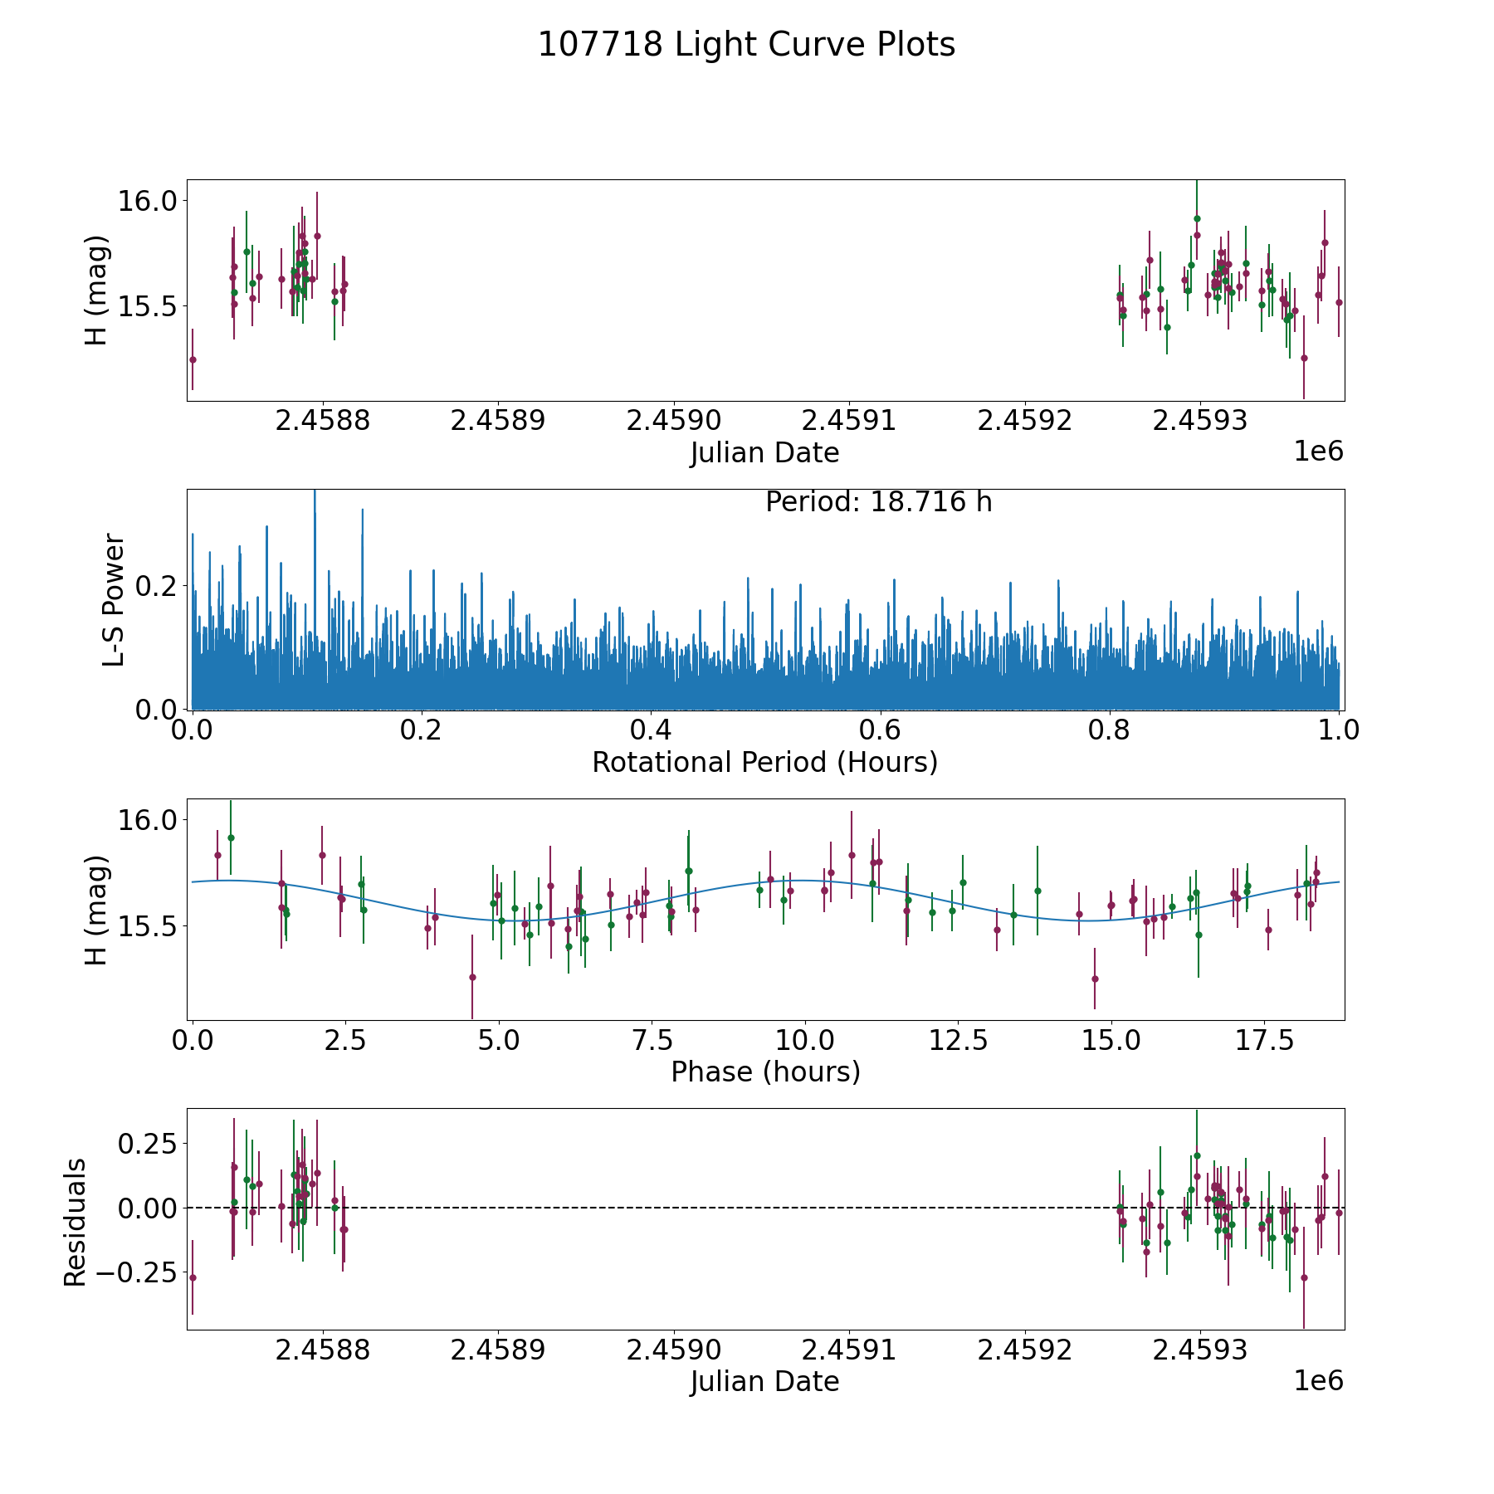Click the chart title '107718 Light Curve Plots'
click(x=746, y=45)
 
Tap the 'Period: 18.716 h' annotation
click(x=878, y=503)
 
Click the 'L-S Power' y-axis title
click(x=114, y=599)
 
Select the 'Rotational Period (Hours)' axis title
click(x=764, y=762)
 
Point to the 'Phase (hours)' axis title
click(x=764, y=1072)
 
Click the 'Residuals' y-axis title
click(x=76, y=1222)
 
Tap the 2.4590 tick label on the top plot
click(x=673, y=421)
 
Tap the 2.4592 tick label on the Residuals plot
click(x=1024, y=1350)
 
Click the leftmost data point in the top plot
click(x=193, y=359)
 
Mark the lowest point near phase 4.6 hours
click(x=472, y=977)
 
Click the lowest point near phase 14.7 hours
click(x=1095, y=979)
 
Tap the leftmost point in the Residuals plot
click(x=193, y=1277)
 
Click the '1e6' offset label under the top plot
click(x=1318, y=452)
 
